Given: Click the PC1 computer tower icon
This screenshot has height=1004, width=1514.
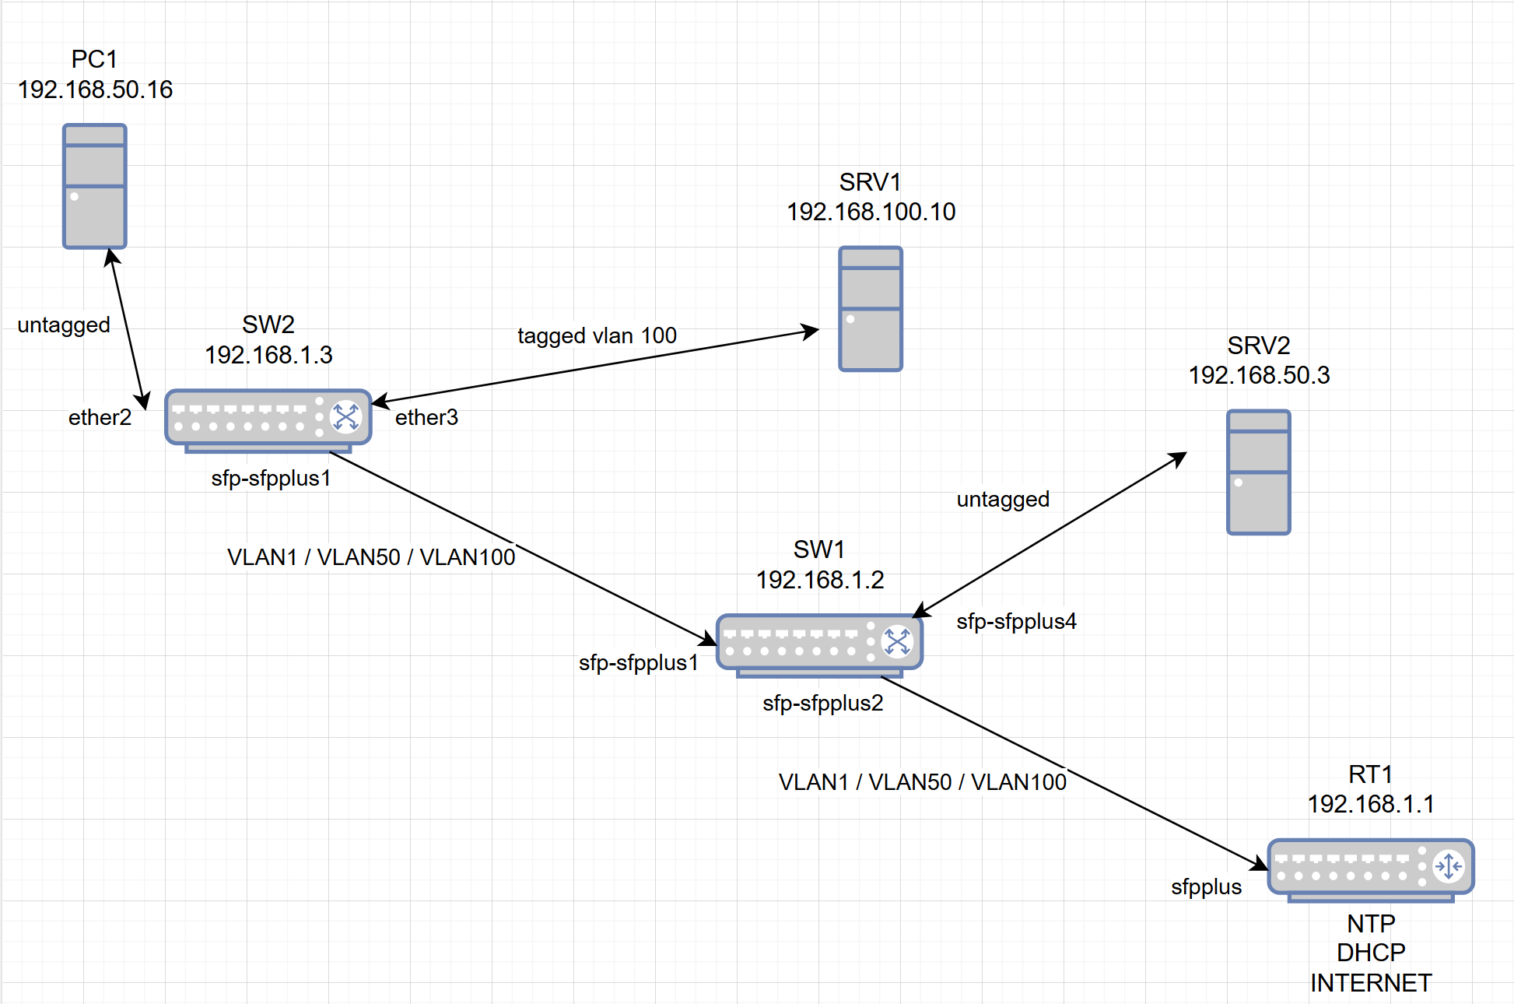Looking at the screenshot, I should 94,187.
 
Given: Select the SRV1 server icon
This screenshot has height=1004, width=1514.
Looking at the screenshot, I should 870,309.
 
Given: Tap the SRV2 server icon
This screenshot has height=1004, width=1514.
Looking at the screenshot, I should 1258,472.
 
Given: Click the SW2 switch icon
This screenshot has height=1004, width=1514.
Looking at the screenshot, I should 268,419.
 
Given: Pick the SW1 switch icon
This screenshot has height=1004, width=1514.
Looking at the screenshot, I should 818,644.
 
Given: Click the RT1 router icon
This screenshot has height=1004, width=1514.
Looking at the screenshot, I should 1370,868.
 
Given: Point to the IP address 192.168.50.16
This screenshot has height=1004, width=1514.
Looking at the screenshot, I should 95,90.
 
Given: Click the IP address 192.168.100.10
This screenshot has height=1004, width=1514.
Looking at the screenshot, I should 871,212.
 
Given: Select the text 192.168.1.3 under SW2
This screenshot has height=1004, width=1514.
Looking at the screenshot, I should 268,355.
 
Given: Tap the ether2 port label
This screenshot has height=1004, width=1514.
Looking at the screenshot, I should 100,418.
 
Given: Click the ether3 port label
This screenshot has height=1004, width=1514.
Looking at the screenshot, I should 426,418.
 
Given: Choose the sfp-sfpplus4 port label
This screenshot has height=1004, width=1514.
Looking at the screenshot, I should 1016,621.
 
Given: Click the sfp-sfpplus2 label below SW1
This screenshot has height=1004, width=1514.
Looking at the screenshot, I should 822,703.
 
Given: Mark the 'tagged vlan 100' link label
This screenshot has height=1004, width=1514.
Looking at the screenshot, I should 597,335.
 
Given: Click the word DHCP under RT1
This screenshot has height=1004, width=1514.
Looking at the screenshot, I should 1370,953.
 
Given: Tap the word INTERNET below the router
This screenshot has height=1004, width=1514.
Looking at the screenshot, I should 1370,983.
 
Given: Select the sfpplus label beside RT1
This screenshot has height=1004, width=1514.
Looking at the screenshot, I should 1206,886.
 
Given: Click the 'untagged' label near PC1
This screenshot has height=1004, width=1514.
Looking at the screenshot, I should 64,325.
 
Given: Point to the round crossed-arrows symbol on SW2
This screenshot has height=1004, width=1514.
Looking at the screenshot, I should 345,416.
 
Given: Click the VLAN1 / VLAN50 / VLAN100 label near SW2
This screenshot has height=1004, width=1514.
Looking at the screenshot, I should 371,557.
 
